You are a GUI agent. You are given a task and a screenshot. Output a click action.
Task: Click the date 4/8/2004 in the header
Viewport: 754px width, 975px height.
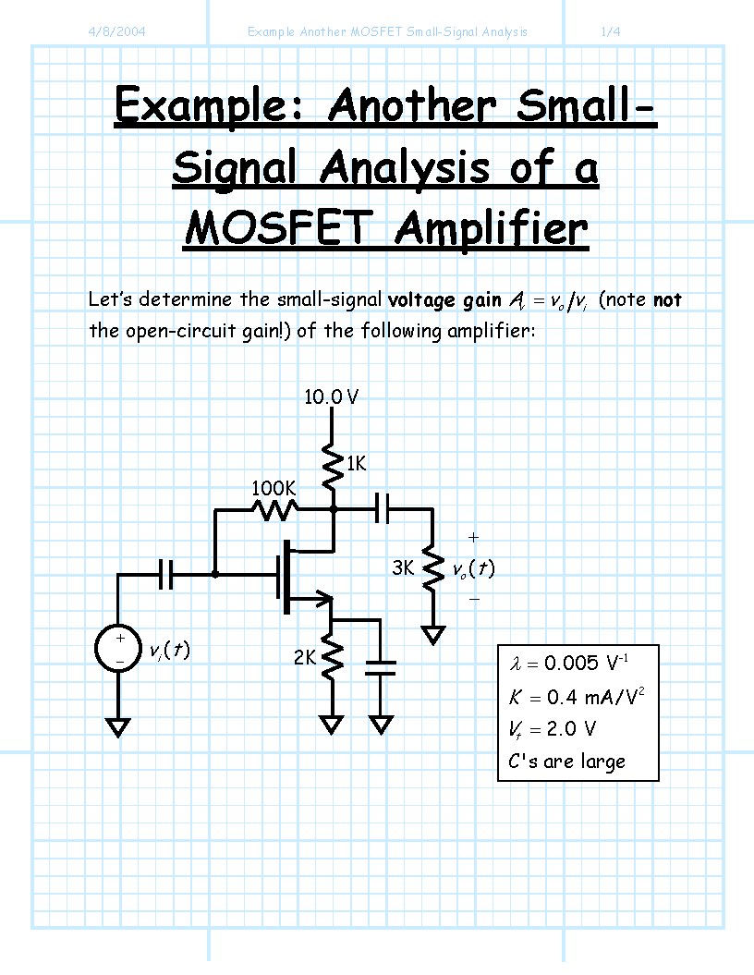coord(116,31)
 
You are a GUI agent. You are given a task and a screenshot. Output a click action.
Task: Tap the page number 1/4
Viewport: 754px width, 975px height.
coord(611,31)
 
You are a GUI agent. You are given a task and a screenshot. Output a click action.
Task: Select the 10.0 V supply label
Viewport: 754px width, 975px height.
coord(332,396)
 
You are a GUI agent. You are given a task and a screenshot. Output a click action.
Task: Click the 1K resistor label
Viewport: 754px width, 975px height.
coord(356,463)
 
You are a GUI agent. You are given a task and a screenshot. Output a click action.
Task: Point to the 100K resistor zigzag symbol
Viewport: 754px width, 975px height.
coord(274,510)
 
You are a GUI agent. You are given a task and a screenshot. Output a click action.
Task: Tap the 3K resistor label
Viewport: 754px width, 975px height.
coord(403,567)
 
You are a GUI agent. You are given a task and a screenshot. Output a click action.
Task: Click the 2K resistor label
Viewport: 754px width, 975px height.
coord(305,657)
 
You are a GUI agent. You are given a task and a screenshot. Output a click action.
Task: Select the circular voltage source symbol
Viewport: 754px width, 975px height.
coord(118,648)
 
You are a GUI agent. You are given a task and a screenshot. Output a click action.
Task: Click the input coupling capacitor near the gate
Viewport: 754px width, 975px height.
coord(166,574)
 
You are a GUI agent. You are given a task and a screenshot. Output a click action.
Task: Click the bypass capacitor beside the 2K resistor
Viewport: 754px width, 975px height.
coord(381,668)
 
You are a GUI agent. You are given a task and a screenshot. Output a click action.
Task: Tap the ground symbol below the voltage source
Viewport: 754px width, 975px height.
coord(118,727)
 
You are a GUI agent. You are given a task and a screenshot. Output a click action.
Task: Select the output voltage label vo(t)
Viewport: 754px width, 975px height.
coord(474,568)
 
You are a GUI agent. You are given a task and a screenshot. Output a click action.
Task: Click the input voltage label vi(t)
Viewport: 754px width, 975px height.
coord(170,651)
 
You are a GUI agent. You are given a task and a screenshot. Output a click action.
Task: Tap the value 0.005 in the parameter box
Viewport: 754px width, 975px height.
coord(571,664)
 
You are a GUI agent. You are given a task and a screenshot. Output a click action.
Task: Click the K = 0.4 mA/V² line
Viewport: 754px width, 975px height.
coord(577,697)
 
